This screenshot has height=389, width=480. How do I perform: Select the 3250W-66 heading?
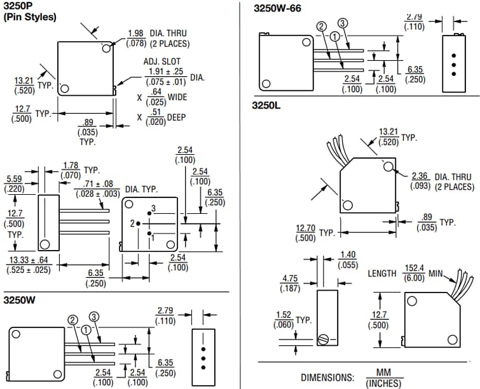[277, 8]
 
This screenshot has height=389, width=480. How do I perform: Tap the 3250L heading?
[267, 105]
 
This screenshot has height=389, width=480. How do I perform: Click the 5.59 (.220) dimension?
[14, 184]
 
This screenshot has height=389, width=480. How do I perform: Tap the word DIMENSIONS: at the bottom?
[327, 377]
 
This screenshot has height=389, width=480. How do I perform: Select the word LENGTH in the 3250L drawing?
[382, 274]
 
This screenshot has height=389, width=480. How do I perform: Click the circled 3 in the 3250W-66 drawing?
[342, 24]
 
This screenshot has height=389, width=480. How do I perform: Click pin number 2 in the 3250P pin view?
[131, 223]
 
